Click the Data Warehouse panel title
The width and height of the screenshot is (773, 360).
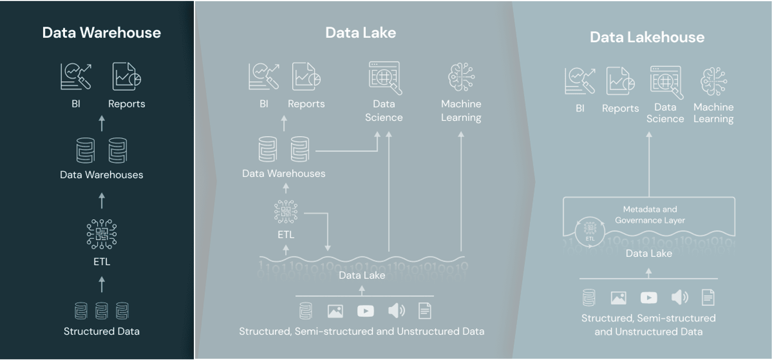101,33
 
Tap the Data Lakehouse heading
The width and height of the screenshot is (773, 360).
647,37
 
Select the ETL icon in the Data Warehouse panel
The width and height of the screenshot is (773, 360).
102,234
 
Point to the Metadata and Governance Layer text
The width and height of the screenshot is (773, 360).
650,215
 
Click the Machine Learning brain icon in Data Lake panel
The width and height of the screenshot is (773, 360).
461,77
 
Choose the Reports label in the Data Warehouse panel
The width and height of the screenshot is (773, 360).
127,104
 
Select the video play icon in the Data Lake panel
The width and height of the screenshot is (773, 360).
365,311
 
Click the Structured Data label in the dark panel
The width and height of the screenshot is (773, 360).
101,331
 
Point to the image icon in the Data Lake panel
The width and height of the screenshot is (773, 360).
335,311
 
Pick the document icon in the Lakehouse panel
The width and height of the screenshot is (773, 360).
708,298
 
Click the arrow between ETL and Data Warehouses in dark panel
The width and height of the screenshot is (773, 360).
102,201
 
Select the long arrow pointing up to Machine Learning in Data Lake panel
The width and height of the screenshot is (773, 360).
461,192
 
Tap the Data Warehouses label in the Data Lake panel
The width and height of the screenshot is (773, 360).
284,174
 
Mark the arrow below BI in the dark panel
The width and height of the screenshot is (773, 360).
102,123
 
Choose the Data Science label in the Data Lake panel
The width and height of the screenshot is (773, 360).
384,111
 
